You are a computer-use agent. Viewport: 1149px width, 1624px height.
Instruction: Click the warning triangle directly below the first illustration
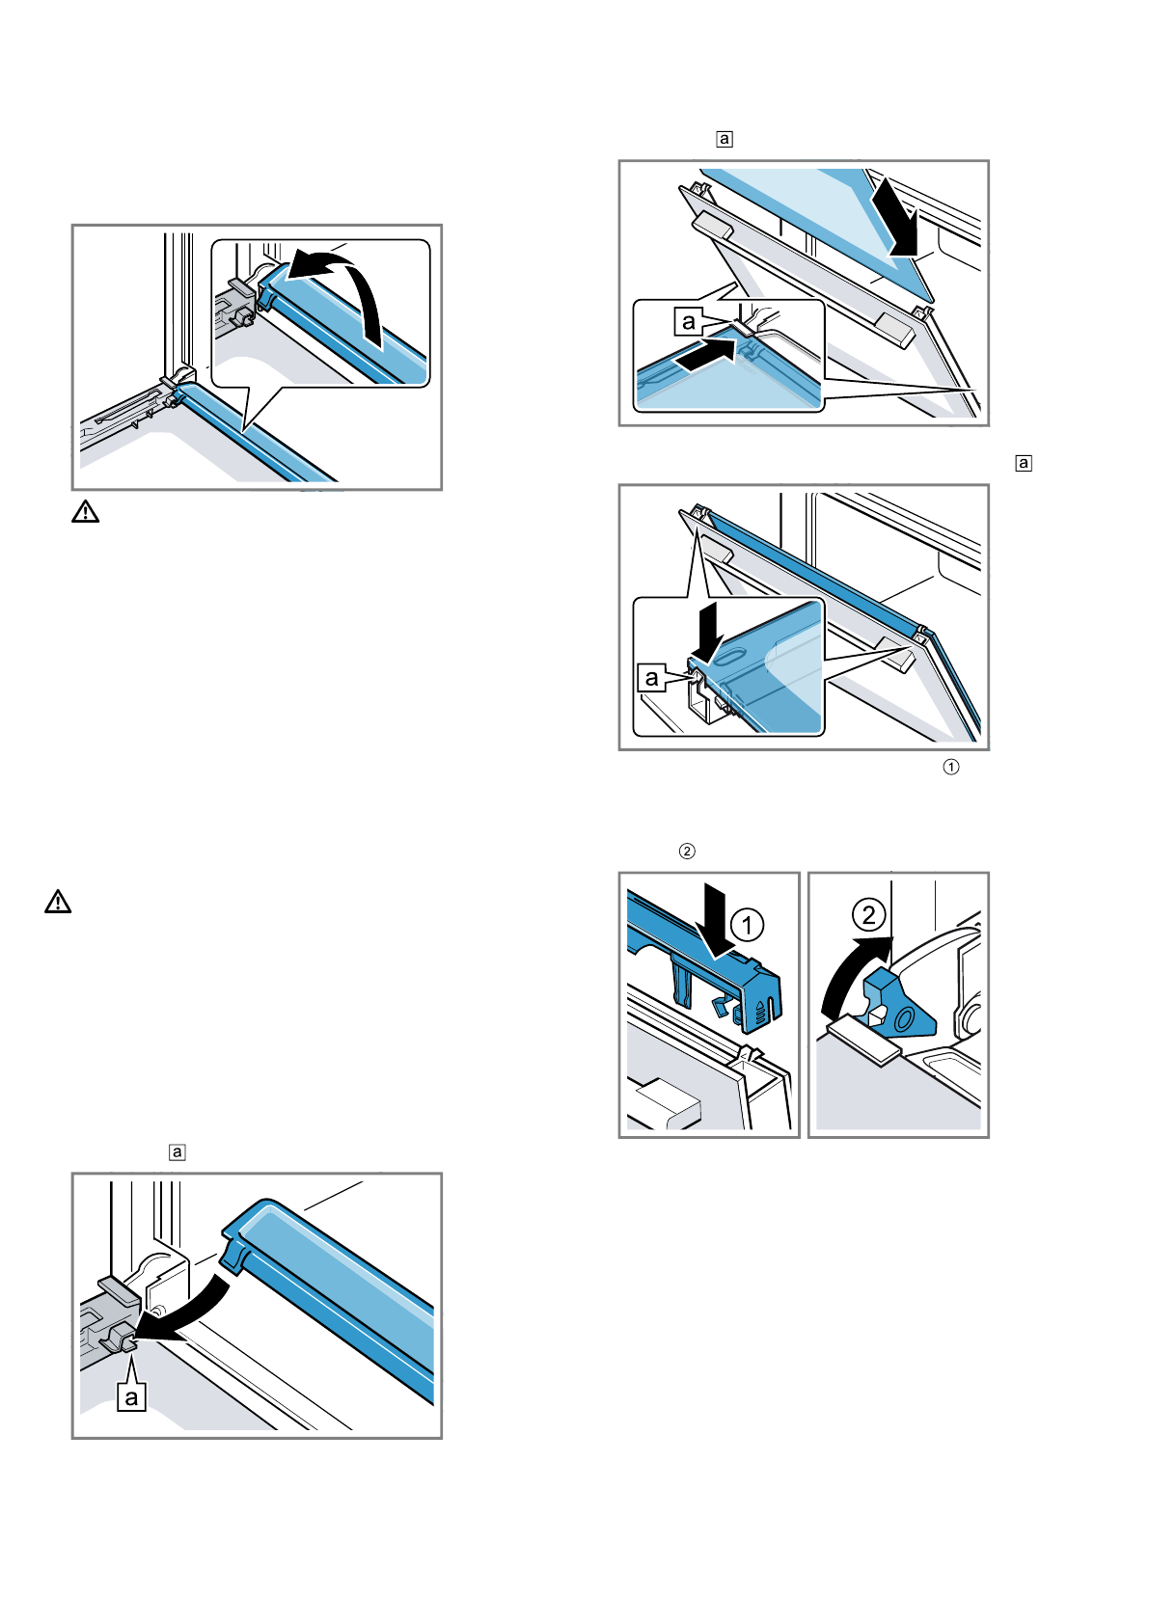(x=85, y=511)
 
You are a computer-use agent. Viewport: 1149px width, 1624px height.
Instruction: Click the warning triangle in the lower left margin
(x=58, y=902)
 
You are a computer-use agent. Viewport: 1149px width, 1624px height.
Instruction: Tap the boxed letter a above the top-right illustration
(x=724, y=139)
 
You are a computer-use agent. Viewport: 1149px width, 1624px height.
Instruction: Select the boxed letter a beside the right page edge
(x=1024, y=463)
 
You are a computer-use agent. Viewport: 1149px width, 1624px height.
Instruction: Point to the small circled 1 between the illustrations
(x=950, y=767)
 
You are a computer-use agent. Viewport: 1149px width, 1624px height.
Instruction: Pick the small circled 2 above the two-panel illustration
(x=687, y=851)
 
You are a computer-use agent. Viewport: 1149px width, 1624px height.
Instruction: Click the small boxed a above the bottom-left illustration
(x=177, y=1151)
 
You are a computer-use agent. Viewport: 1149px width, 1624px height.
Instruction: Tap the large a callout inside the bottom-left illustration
(x=131, y=1396)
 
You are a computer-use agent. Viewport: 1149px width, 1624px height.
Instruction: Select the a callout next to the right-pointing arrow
(x=688, y=321)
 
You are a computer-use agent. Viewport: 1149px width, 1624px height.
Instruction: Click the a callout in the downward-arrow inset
(x=652, y=678)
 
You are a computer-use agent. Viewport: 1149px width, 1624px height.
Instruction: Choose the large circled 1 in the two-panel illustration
(x=747, y=926)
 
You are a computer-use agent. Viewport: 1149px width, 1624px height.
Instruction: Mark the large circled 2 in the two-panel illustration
(x=868, y=914)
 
